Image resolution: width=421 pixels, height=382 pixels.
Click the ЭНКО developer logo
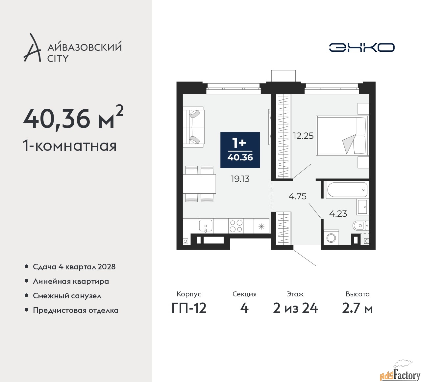tap(361, 47)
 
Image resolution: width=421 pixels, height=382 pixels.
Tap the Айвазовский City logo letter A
tap(32, 47)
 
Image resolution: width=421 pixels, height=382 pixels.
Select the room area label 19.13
tap(240, 179)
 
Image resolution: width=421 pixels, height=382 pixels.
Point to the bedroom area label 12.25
tap(303, 136)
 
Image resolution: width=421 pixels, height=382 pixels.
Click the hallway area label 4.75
tap(297, 196)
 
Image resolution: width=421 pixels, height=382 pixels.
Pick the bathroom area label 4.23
tap(338, 214)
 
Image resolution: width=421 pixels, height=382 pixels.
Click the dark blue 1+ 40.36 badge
tap(240, 150)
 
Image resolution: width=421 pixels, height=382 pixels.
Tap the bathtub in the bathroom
tap(346, 190)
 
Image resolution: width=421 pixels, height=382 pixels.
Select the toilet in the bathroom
tap(361, 226)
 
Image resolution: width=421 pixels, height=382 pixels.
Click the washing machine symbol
tap(331, 238)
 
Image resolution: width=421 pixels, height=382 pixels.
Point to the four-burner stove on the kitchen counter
tap(236, 226)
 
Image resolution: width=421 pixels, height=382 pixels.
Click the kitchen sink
tap(206, 226)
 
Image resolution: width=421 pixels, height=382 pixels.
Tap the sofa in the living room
tap(193, 127)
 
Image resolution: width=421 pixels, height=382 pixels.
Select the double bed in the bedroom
tap(342, 136)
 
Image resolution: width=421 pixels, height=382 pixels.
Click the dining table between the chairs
tap(199, 184)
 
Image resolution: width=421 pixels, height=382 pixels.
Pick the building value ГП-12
tap(189, 308)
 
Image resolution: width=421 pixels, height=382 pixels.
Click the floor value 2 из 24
tap(295, 308)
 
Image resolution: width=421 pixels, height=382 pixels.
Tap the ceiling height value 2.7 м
tap(358, 308)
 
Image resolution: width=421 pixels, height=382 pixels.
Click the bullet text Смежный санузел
tap(67, 296)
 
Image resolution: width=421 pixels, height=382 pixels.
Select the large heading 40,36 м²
tap(73, 118)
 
